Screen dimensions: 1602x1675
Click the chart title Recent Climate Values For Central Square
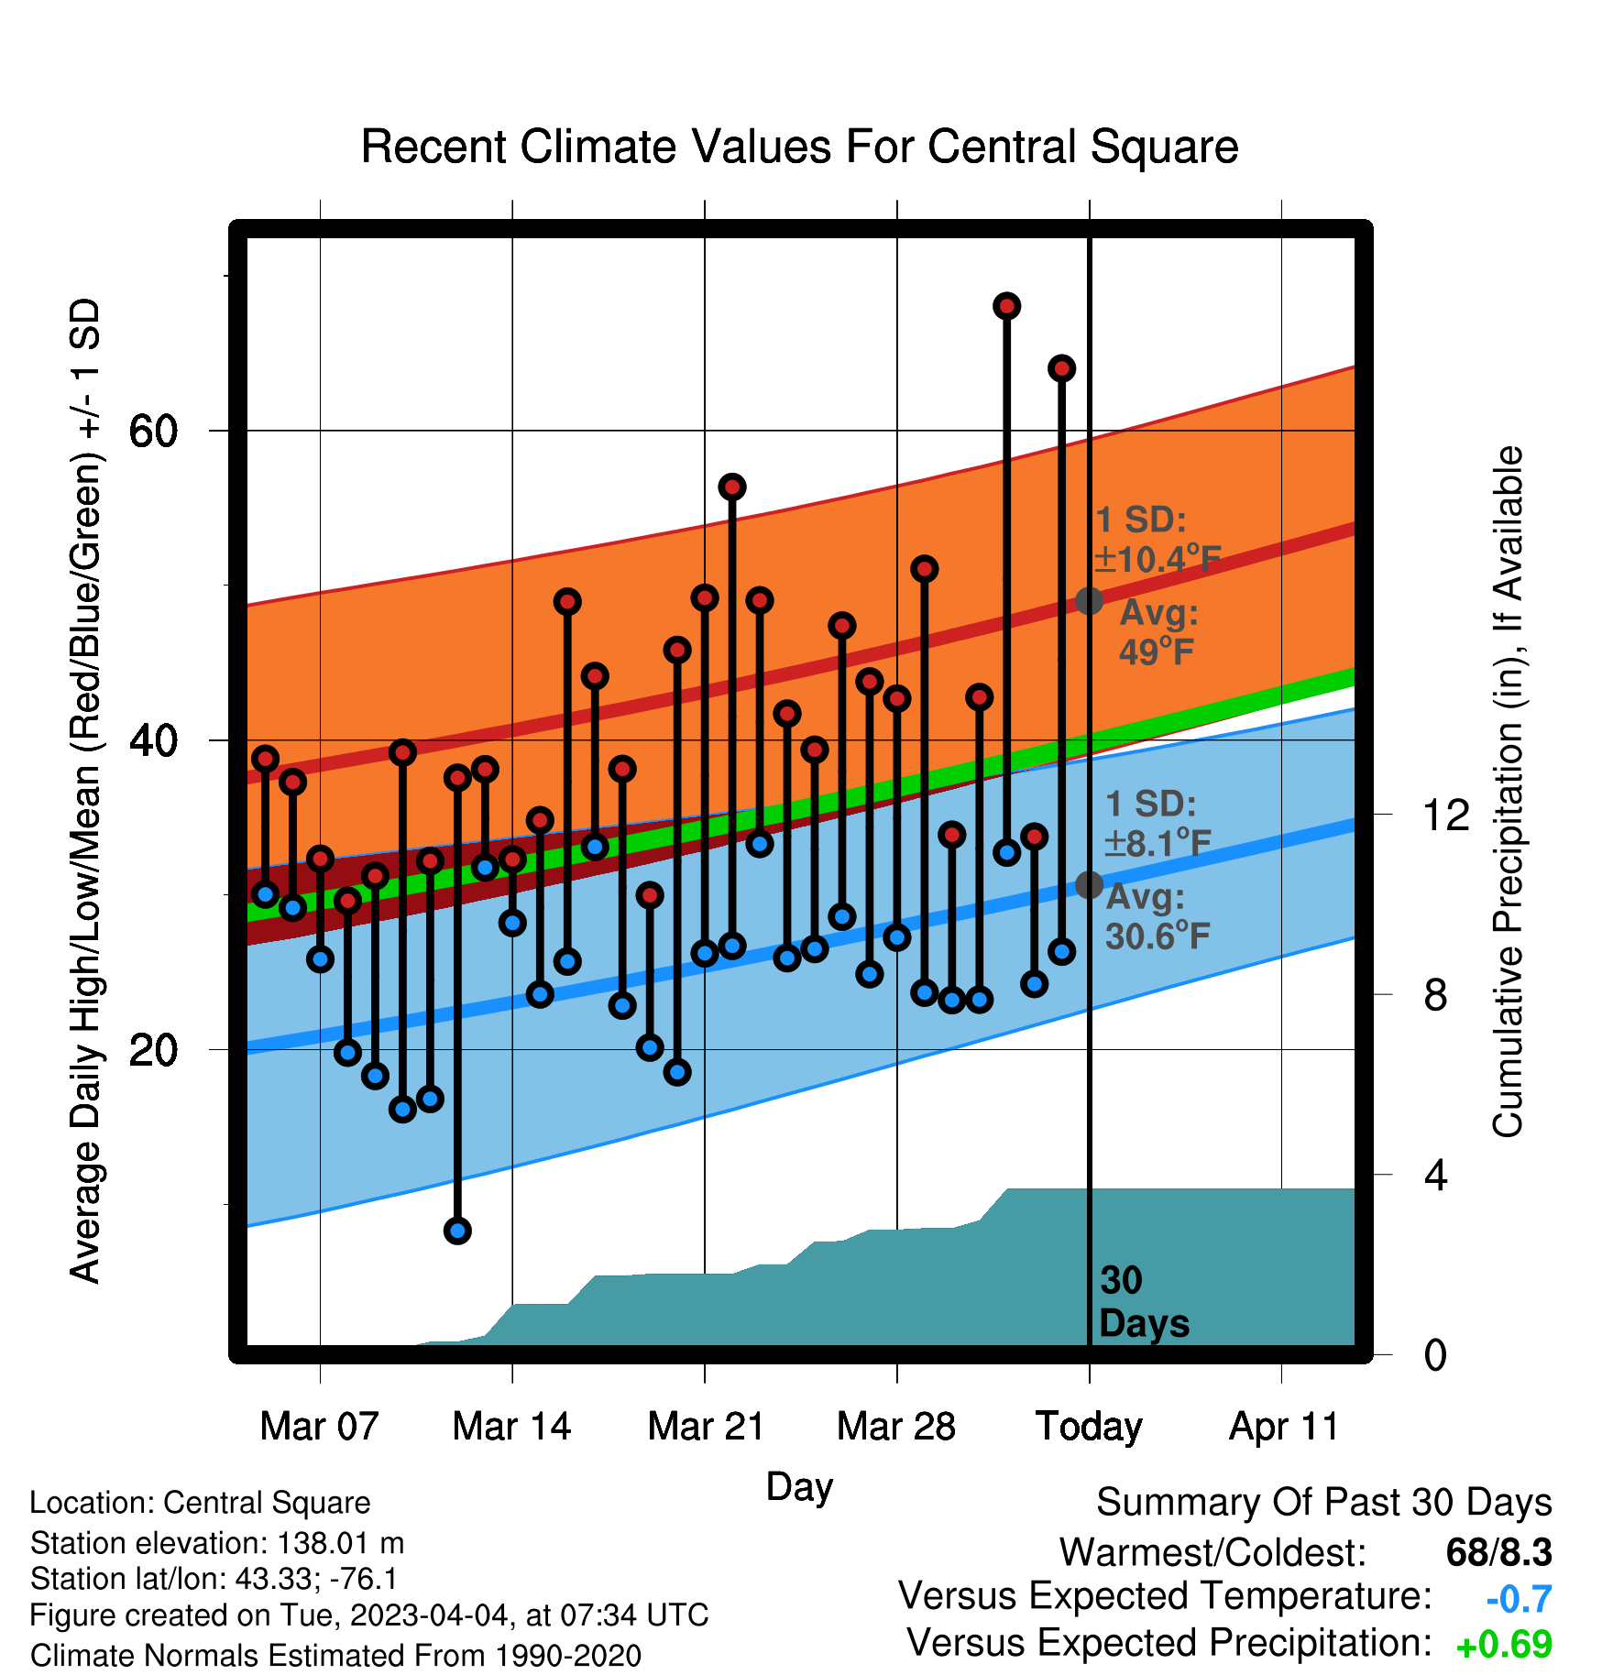799,147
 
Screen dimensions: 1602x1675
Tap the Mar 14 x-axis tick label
511,1427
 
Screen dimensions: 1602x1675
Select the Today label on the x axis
1089,1427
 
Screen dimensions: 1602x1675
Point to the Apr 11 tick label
1283,1427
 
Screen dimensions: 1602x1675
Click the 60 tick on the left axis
153,431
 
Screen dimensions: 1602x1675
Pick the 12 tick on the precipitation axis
1446,815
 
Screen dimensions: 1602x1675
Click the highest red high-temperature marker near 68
1006,306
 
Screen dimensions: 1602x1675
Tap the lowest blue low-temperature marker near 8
457,1231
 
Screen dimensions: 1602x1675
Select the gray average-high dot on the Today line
1089,601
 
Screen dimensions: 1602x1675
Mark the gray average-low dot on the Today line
1089,885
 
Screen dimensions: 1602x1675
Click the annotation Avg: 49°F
1158,632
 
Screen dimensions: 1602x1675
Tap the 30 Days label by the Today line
1144,1302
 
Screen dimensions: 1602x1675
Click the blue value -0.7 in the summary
1519,1600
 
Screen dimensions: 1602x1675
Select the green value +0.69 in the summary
1504,1646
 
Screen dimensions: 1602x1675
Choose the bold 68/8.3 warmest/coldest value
1498,1552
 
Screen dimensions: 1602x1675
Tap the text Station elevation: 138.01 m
217,1543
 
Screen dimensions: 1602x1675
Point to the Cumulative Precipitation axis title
1507,792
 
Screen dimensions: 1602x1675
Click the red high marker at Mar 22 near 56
731,487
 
